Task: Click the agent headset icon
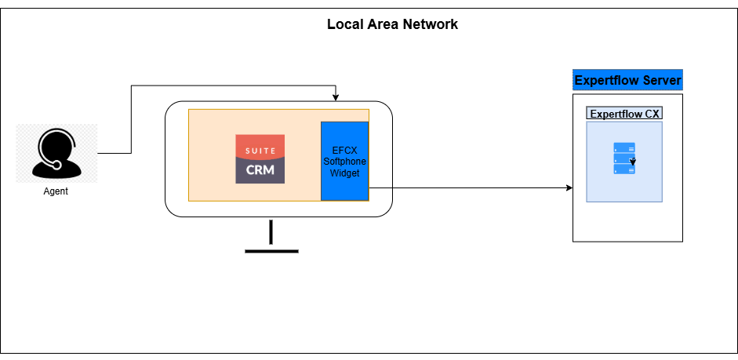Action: (x=56, y=153)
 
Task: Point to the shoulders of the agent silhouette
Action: (x=56, y=170)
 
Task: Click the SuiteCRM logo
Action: (x=260, y=158)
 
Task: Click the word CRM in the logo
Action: (x=260, y=168)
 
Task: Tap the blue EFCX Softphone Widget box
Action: (x=344, y=161)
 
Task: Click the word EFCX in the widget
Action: (x=344, y=151)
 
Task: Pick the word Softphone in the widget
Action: (x=344, y=162)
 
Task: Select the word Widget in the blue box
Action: (x=344, y=173)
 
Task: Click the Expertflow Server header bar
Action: (x=627, y=80)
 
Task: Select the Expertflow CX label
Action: (x=624, y=113)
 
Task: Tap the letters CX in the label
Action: (x=652, y=113)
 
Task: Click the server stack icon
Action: (x=624, y=158)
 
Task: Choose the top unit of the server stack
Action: (x=624, y=147)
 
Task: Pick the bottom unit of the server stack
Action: (x=624, y=169)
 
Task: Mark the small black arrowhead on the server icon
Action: (x=632, y=164)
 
